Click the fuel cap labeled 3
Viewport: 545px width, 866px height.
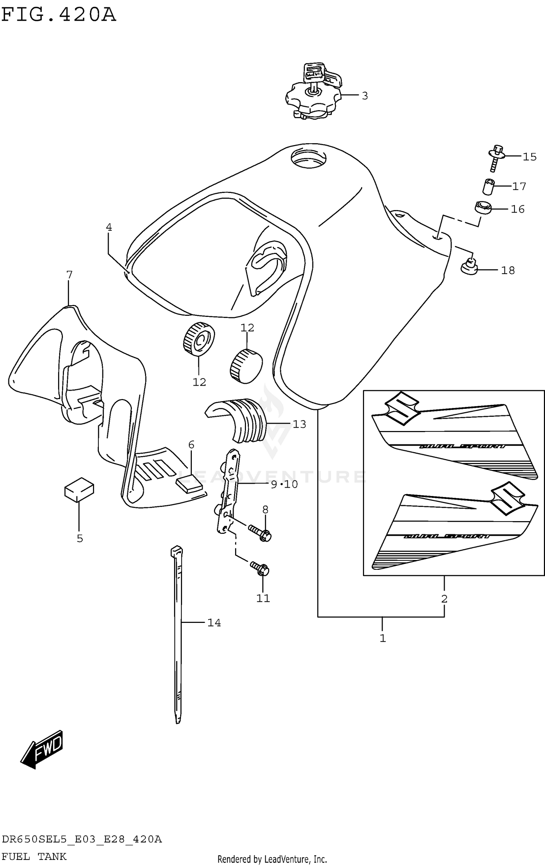[x=313, y=98]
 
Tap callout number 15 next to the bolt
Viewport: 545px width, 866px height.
[x=529, y=157]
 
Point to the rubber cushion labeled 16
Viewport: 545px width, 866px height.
[x=483, y=208]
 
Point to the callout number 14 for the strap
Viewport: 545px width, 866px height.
[x=214, y=623]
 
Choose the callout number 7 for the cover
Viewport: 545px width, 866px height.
[x=69, y=275]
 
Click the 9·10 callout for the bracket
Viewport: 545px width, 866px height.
[x=284, y=484]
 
